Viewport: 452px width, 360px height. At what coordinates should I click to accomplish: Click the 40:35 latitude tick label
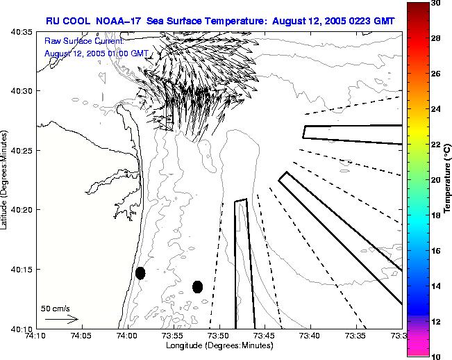pos(18,33)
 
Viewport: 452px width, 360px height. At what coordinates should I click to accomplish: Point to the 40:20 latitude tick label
pos(18,210)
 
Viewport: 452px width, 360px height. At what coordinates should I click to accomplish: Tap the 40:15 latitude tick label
pos(18,270)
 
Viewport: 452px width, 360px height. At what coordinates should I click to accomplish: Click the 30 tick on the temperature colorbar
pos(435,3)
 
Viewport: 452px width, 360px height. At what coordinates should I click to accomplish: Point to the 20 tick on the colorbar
pos(435,180)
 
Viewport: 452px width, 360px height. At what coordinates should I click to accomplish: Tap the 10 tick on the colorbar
pos(435,356)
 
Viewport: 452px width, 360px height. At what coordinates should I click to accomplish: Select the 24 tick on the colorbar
pos(435,109)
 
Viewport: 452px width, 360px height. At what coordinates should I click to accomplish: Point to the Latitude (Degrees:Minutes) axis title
pos(6,180)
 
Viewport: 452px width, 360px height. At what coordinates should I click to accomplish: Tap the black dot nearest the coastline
pos(140,273)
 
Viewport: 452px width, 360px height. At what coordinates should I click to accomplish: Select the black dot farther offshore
pos(197,286)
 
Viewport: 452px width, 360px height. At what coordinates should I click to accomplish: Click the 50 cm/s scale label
pos(56,308)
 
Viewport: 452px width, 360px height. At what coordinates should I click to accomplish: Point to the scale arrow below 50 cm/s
pos(62,319)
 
